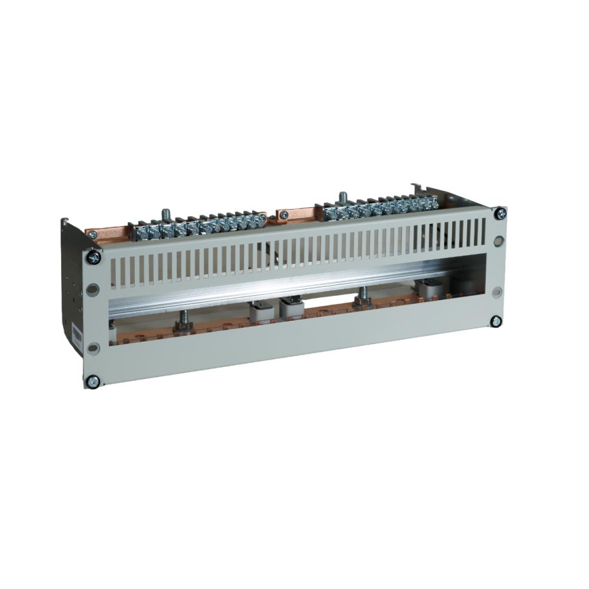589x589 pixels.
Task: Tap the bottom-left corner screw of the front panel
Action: point(92,381)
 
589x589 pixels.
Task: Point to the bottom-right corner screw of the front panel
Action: point(496,321)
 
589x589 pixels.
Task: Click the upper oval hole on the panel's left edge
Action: point(93,290)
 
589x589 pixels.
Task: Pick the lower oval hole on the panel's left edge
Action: point(92,347)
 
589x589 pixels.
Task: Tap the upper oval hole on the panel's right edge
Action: point(499,240)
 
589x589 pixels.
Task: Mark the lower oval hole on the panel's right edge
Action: point(497,292)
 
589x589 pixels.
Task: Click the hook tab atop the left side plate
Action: point(64,222)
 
